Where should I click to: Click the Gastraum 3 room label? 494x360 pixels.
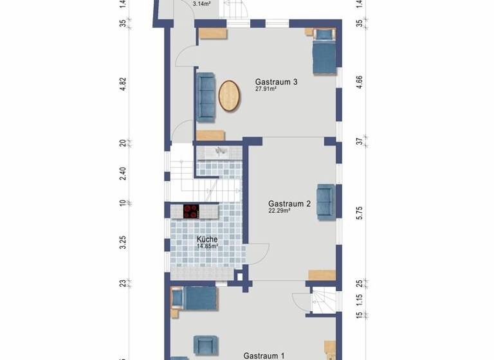tap(276, 82)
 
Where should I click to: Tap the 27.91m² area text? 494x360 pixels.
tap(266, 90)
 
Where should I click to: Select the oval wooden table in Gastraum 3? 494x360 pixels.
tap(230, 96)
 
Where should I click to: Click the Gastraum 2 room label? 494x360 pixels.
tap(289, 203)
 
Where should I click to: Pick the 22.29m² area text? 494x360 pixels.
tap(280, 211)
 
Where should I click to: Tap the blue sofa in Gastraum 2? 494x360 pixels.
tap(325, 202)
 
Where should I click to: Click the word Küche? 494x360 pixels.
tap(207, 239)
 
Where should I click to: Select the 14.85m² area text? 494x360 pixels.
tap(207, 246)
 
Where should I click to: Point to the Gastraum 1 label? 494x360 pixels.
tap(264, 355)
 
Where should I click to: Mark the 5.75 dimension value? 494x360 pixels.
tap(359, 213)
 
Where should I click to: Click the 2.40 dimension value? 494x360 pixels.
tap(123, 173)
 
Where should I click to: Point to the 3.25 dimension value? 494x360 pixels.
tap(123, 242)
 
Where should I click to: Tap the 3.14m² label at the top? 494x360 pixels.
tap(201, 3)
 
